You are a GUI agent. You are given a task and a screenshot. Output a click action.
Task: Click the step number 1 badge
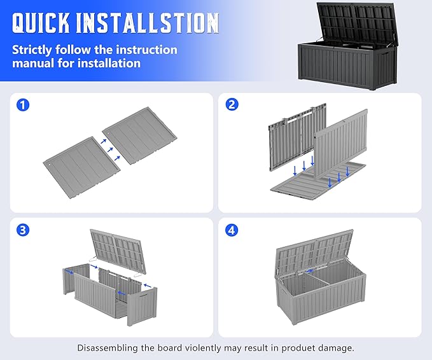(23, 105)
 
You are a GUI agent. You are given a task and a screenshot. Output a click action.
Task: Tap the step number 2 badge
(232, 104)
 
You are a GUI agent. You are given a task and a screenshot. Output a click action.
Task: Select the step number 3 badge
(23, 230)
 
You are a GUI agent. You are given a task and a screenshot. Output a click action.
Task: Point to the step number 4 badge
(232, 230)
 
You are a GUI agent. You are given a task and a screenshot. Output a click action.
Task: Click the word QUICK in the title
(41, 23)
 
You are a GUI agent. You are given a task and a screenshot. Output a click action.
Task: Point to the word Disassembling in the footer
(107, 348)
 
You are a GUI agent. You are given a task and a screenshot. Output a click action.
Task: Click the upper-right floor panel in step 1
(139, 135)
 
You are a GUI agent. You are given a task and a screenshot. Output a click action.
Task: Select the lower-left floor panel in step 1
(82, 167)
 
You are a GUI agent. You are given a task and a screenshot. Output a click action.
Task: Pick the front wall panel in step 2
(341, 144)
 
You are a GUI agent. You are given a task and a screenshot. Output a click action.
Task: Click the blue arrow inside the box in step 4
(309, 271)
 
